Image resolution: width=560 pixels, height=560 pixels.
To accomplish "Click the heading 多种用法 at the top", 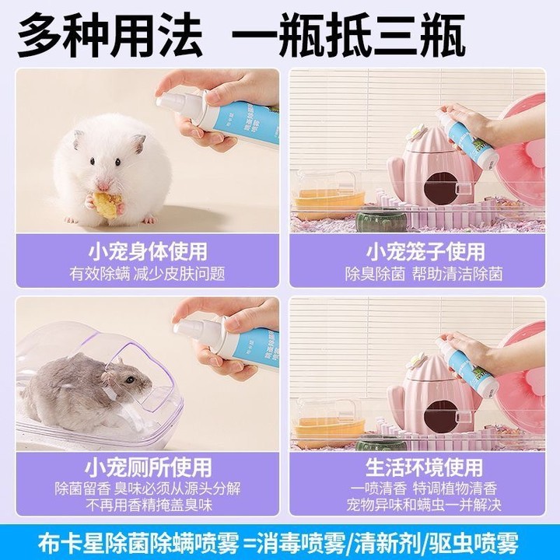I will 109,35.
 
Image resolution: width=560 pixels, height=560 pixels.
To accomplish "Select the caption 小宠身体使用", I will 146,251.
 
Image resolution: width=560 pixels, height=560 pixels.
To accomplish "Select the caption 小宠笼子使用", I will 425,251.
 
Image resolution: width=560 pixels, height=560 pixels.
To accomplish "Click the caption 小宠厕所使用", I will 147,467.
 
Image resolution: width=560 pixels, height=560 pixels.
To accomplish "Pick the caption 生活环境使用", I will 425,467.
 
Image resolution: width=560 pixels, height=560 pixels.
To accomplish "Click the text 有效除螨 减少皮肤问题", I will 147,274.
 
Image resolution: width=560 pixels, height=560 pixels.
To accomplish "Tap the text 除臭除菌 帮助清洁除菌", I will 425,274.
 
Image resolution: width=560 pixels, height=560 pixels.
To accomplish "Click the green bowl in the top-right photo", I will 381,219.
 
